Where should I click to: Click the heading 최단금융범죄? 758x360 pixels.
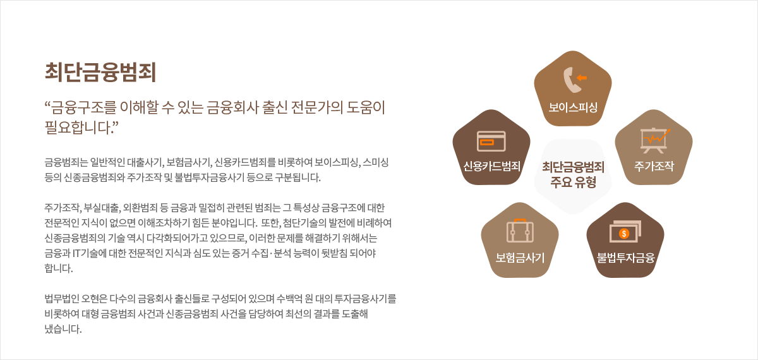(100, 72)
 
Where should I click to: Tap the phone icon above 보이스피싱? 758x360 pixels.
(571, 80)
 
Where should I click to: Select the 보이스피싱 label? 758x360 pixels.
(573, 107)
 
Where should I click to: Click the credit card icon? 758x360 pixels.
(491, 141)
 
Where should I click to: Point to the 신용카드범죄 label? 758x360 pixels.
(491, 166)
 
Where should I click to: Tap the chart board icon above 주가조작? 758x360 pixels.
(654, 140)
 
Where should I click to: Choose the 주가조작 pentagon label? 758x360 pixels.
(654, 166)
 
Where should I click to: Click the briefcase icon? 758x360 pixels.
(520, 231)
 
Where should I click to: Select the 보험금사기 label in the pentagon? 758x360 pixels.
(520, 258)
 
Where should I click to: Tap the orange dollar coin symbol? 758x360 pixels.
(624, 234)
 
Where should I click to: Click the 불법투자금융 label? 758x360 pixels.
(625, 258)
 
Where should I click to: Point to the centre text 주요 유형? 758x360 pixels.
(573, 183)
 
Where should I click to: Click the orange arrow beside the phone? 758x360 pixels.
(582, 78)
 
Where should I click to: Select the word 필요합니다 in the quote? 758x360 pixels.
(76, 128)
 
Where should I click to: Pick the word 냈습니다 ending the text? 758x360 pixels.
(63, 329)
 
